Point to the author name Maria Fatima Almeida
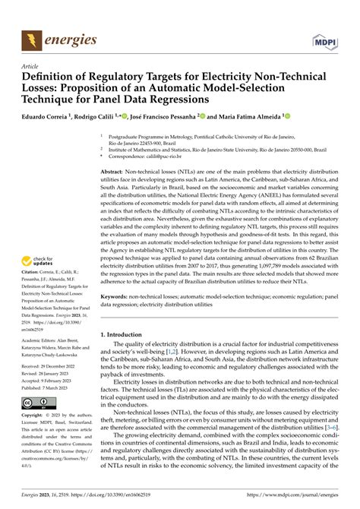click(x=248, y=116)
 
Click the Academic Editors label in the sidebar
click(x=44, y=364)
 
